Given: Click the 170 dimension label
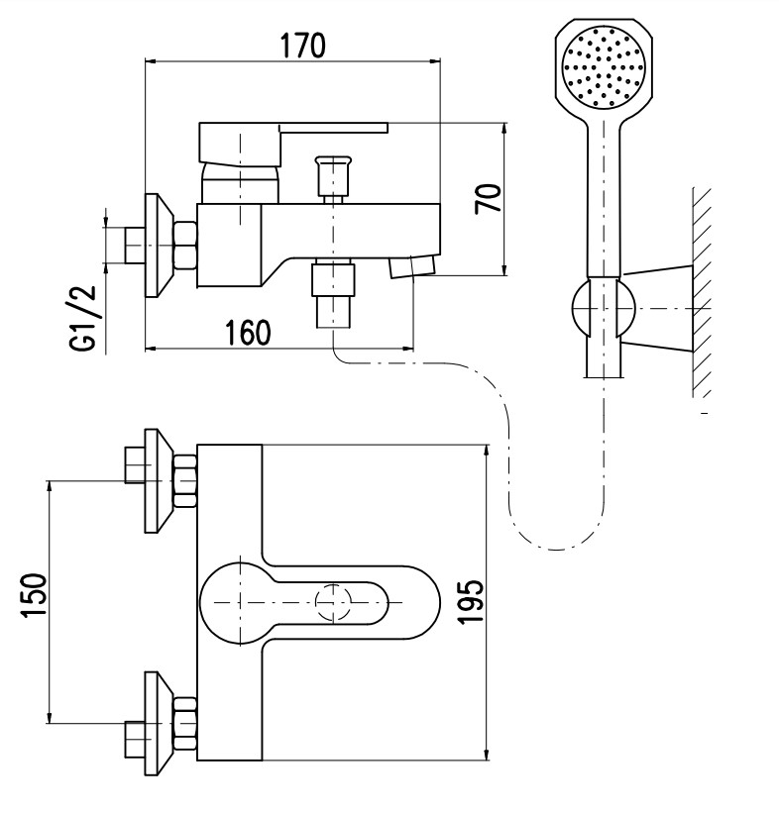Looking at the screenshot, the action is click(x=303, y=46).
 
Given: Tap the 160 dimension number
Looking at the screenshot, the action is click(x=248, y=333).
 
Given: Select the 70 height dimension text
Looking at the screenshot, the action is click(x=489, y=198).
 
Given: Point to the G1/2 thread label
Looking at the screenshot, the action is click(x=83, y=318).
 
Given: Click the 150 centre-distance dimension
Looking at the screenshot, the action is click(x=34, y=595).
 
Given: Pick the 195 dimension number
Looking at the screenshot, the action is click(x=472, y=601).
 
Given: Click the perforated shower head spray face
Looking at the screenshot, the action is click(x=604, y=67).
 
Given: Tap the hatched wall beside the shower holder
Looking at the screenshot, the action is click(x=702, y=292).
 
